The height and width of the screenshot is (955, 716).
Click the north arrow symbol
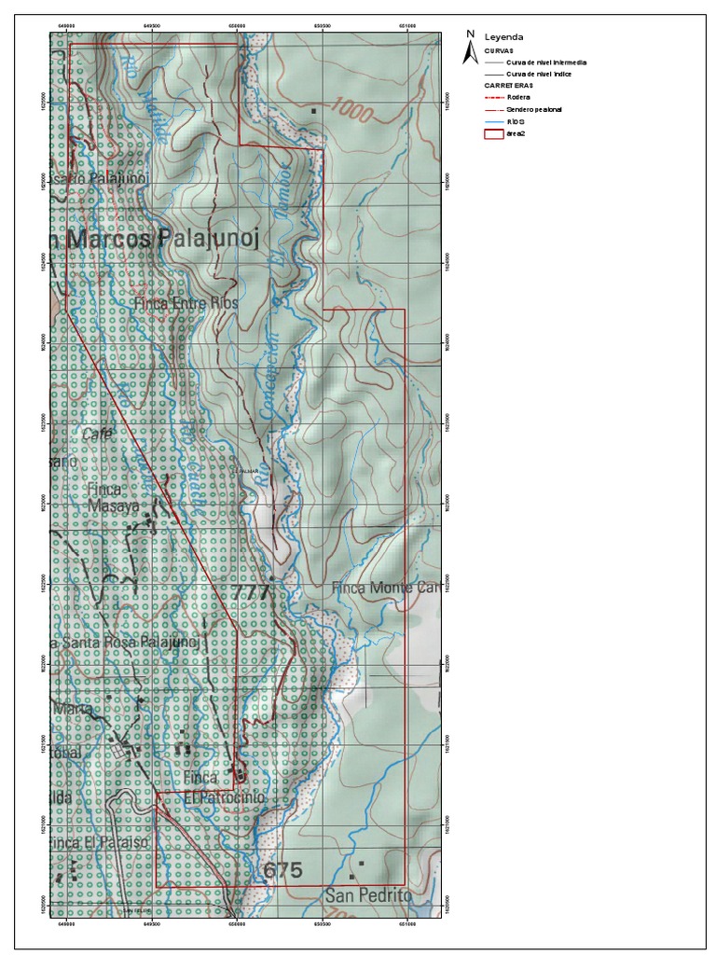click(x=471, y=48)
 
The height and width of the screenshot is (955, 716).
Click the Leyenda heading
click(x=503, y=37)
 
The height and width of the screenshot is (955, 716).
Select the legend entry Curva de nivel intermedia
click(x=546, y=62)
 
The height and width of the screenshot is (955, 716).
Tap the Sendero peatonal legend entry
click(x=533, y=109)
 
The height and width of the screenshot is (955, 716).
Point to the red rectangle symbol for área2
click(x=493, y=134)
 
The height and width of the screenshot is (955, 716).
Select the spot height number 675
click(x=282, y=870)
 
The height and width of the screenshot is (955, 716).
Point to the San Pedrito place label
click(x=368, y=895)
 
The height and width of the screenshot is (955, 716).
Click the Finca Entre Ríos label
click(x=186, y=303)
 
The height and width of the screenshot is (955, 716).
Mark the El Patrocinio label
click(x=224, y=798)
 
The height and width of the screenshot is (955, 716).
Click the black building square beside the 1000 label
click(x=314, y=111)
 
